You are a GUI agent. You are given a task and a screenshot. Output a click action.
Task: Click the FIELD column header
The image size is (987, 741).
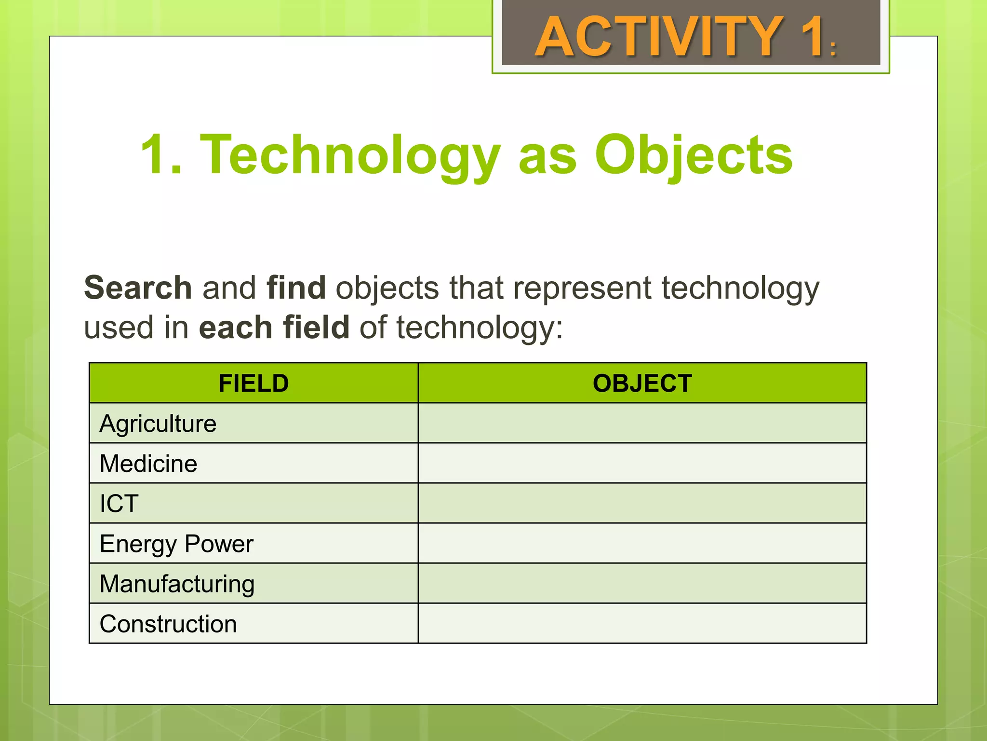pos(253,384)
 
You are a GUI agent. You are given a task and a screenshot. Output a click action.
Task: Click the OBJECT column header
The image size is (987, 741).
pos(642,384)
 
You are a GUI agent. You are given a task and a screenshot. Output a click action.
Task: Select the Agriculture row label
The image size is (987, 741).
pos(158,424)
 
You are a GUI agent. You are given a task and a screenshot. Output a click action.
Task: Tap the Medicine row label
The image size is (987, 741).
pos(148,464)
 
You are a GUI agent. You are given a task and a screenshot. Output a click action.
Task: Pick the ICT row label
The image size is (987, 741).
pos(119,504)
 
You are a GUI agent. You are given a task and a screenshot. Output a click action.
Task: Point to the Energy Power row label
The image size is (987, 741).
pos(176,544)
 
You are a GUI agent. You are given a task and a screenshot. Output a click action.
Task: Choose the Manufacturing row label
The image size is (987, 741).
pos(177,584)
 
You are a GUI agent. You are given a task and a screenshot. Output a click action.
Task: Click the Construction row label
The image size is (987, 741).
pos(168,624)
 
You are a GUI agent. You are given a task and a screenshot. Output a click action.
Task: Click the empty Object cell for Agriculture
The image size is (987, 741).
pos(642,424)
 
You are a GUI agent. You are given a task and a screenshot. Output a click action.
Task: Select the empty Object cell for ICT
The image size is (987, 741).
pos(642,504)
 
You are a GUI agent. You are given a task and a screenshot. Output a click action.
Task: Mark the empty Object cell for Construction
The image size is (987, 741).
pos(642,624)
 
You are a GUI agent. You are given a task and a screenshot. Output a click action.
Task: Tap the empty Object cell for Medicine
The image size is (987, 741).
pos(642,464)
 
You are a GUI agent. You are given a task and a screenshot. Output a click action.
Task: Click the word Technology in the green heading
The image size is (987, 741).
pos(350,155)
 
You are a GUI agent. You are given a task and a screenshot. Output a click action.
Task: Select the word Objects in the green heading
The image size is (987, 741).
pos(694,155)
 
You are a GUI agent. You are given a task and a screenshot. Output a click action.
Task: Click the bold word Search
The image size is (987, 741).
pos(138,288)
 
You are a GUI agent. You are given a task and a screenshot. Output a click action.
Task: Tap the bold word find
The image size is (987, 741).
pos(296,288)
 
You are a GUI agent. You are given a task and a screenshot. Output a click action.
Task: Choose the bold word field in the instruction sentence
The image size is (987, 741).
pos(316,328)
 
